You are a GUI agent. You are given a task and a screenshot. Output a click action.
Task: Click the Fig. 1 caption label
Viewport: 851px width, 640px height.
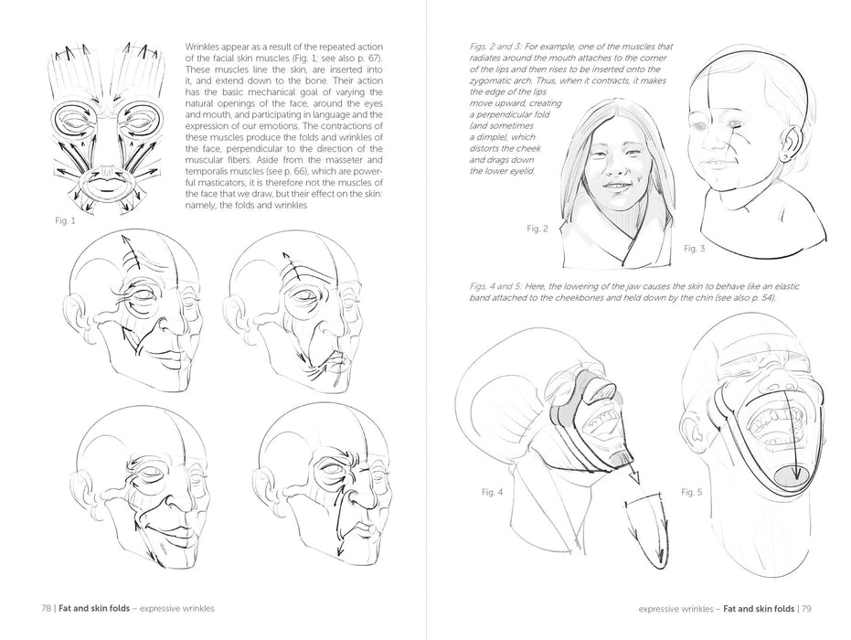65,221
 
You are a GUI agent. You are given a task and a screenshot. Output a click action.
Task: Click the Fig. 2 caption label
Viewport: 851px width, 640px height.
537,229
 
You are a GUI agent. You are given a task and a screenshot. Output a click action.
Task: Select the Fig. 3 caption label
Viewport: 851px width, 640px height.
694,249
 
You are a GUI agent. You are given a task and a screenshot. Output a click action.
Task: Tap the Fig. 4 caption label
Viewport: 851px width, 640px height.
493,493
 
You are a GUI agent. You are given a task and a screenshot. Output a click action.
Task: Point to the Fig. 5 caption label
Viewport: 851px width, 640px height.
691,493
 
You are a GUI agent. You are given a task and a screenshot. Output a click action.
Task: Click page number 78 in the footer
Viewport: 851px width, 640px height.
46,609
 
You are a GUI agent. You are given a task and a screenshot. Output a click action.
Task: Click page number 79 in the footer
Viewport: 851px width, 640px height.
806,609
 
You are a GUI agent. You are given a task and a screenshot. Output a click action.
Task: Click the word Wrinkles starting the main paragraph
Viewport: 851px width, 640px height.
202,48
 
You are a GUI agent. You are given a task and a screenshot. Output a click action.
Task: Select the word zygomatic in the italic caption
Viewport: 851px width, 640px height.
488,80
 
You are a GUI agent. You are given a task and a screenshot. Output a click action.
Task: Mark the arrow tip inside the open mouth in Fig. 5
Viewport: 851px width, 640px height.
796,477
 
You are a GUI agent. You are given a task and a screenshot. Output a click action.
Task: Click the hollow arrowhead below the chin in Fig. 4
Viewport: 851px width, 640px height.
633,477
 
